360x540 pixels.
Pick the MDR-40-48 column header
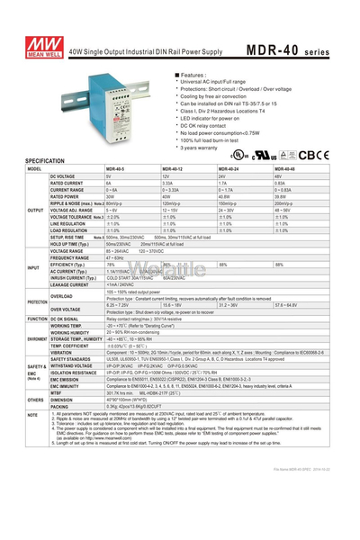[284, 168]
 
